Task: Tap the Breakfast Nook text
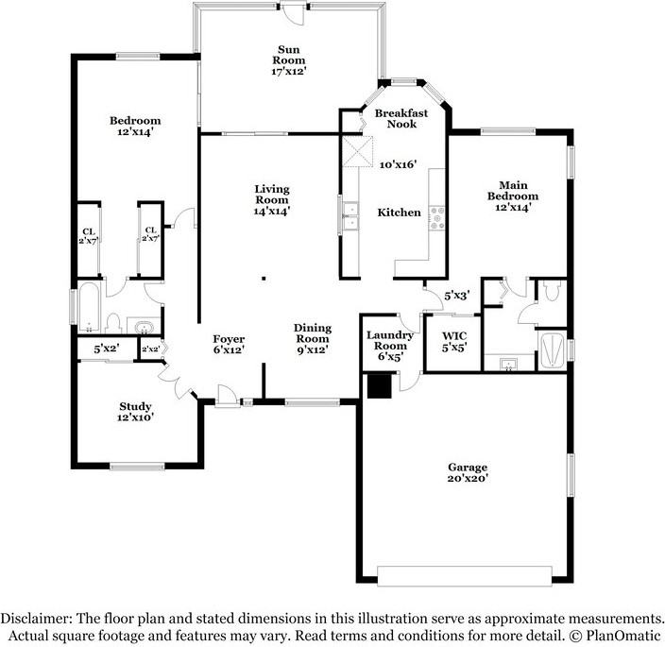[x=401, y=118]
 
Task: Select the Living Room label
[x=271, y=199]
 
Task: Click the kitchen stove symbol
[x=437, y=219]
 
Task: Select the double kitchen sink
[x=350, y=217]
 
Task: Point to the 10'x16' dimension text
[x=398, y=164]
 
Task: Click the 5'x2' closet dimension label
[x=106, y=349]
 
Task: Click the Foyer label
[x=229, y=344]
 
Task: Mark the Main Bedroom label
[x=512, y=196]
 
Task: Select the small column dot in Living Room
[x=264, y=278]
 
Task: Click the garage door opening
[x=464, y=575]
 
